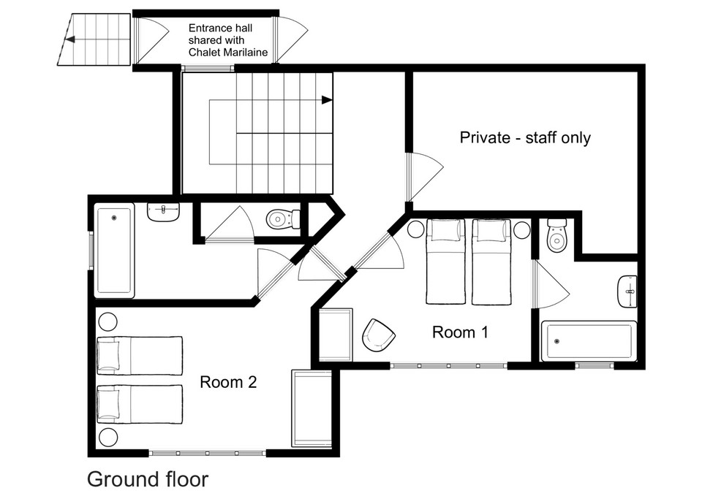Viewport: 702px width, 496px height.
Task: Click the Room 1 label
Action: (x=460, y=332)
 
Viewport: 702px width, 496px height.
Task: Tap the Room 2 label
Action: (x=228, y=382)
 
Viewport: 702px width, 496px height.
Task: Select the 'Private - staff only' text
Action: (x=525, y=137)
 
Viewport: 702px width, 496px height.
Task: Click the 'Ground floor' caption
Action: (x=148, y=479)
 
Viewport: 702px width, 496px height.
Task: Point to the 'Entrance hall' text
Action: (x=220, y=28)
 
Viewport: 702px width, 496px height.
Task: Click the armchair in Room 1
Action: (x=378, y=335)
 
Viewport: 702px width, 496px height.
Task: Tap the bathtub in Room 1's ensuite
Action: (x=589, y=341)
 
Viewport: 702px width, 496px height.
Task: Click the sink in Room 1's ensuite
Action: (x=627, y=291)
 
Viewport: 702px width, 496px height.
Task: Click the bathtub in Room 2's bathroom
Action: (x=114, y=251)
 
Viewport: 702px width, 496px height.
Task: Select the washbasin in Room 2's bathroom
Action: (x=163, y=212)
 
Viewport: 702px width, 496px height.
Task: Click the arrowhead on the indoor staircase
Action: (x=328, y=100)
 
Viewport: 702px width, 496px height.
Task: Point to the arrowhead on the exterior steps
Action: (x=69, y=39)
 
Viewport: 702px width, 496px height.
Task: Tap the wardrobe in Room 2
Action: (x=312, y=408)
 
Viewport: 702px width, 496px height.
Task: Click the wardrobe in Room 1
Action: (x=336, y=335)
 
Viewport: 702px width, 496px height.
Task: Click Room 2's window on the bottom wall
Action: (x=207, y=453)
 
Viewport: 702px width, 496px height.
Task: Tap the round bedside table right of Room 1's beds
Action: (x=522, y=230)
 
